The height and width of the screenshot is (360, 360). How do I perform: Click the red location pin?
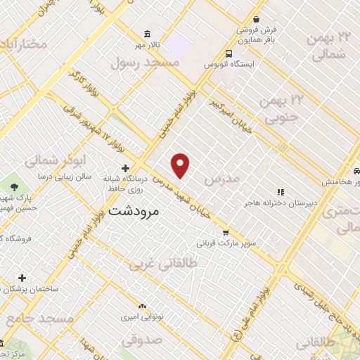181,165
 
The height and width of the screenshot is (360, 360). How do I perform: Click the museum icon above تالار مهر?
147,34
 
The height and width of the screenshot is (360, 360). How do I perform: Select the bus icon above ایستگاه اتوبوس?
229,53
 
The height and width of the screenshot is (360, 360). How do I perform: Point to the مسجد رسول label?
146,63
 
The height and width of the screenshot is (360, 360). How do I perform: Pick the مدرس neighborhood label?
221,179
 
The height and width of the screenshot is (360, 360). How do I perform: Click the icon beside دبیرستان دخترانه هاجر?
280,191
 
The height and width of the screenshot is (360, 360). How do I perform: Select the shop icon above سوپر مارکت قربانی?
225,233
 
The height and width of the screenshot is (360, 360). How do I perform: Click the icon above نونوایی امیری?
143,306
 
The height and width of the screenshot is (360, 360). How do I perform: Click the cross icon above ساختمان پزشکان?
22,278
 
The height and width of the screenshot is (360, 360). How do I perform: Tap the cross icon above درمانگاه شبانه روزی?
125,168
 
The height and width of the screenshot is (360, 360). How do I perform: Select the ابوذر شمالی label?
49,160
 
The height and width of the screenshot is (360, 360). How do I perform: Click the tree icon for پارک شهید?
14,186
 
